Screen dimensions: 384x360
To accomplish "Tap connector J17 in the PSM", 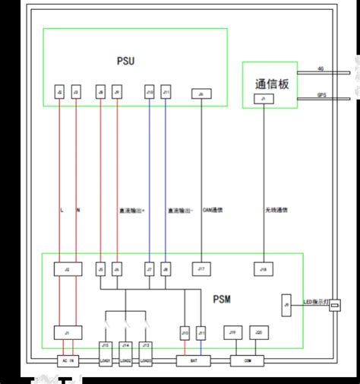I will [201, 268].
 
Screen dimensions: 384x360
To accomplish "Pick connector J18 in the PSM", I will [264, 268].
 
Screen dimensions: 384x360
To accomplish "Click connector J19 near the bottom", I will [233, 332].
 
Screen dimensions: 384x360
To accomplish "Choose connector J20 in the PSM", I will [258, 332].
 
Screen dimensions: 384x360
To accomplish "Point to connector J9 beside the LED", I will [286, 305].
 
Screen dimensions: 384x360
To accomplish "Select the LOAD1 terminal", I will [106, 360].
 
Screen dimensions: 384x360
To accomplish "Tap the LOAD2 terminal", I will [126, 360].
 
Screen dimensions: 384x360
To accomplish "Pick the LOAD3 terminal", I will [147, 360].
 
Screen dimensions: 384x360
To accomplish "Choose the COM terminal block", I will [245, 360].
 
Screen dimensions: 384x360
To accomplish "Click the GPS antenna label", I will [321, 95].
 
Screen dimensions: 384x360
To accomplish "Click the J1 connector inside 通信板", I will [264, 100].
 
